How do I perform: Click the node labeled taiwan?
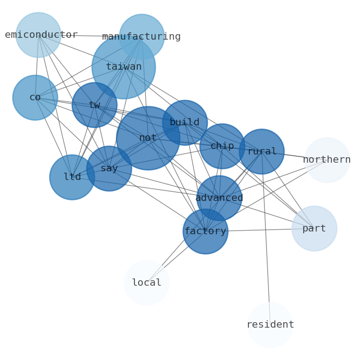(x=124, y=67)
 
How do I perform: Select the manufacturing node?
(x=142, y=36)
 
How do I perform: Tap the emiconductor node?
(x=38, y=35)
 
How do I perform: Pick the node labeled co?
(x=35, y=98)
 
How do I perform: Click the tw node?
(x=94, y=105)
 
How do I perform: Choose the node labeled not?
(x=148, y=138)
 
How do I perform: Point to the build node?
(x=185, y=123)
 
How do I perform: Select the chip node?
(x=222, y=146)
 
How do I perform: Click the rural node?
(x=262, y=151)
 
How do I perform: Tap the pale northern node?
(x=327, y=160)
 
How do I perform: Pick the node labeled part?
(x=314, y=228)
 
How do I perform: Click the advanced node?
(x=219, y=198)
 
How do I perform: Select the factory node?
(x=206, y=231)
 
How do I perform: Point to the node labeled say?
(x=109, y=168)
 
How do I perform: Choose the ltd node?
(x=72, y=177)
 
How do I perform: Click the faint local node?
(x=146, y=283)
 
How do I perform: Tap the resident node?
(x=270, y=324)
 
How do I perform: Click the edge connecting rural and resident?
(x=266, y=237)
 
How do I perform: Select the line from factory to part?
(x=260, y=230)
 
